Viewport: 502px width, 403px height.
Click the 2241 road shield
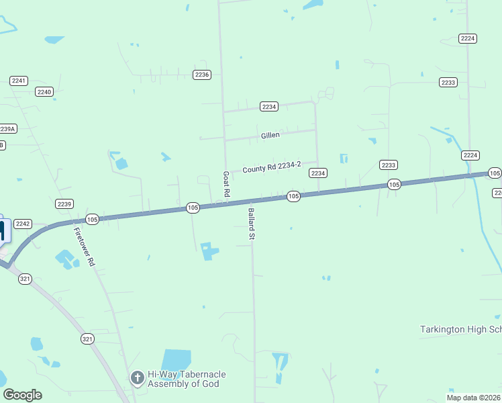19,81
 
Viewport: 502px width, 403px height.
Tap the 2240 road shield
44,91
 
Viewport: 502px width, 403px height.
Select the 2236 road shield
201,75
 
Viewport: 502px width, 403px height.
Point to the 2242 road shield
23,224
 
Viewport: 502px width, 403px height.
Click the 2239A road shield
7,128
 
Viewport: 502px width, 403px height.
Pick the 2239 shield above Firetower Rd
64,204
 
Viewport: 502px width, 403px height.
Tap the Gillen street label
270,135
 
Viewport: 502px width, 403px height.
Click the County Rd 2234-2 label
272,167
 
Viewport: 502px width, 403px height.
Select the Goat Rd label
227,183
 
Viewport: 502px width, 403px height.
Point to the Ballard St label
252,224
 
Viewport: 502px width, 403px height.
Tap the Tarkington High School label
460,329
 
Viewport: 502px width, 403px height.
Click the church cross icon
138,379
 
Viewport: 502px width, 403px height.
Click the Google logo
22,395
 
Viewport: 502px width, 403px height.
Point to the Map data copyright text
473,398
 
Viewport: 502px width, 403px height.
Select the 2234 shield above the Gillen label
269,107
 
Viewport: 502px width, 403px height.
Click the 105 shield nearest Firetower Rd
92,219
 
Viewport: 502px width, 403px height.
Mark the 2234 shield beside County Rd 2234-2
318,173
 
